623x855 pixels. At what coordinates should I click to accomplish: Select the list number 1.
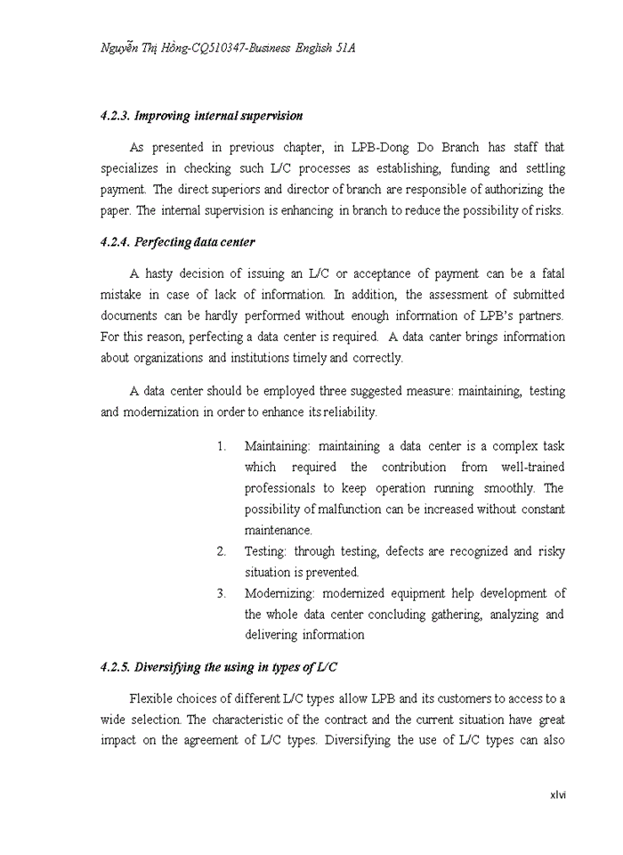[221, 445]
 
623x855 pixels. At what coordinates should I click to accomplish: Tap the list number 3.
[221, 593]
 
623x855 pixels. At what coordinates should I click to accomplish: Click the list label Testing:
[266, 551]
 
